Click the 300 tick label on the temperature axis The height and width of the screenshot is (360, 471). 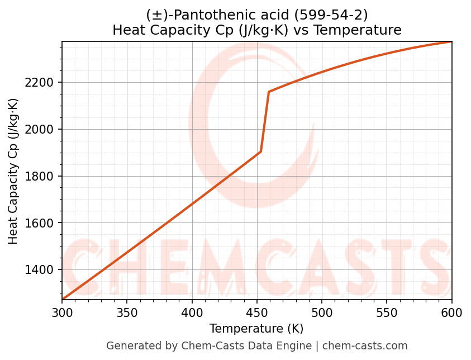62,312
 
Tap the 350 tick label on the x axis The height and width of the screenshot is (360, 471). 127,312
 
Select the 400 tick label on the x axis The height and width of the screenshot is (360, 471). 192,312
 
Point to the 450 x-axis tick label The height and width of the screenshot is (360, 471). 257,312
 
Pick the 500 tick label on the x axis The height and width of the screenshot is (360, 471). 322,312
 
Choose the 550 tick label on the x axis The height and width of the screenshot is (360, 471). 387,312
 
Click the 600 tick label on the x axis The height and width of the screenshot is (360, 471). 451,312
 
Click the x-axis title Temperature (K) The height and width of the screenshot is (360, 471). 256,329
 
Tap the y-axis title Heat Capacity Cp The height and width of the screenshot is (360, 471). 13,171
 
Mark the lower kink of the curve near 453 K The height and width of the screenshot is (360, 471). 261,151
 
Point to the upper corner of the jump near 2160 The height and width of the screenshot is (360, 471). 269,92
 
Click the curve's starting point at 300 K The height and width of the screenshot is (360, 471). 63,299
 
